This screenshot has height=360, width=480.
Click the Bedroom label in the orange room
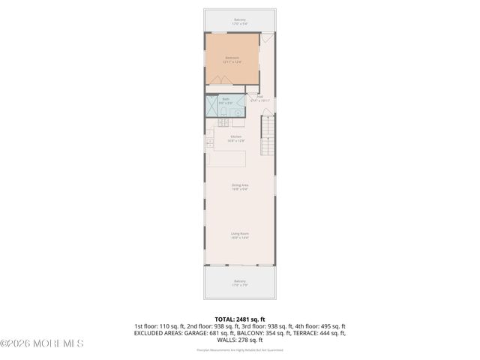[232, 59]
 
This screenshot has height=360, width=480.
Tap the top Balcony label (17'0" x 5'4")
[239, 22]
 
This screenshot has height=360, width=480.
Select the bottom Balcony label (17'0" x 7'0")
[239, 283]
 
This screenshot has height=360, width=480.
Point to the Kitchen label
[236, 138]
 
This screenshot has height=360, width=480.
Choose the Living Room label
[239, 235]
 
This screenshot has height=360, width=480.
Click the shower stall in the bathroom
[211, 106]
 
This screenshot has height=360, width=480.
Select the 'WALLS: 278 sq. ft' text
[239, 339]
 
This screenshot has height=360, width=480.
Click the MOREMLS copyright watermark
[42, 343]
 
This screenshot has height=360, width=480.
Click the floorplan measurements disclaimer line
[239, 349]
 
